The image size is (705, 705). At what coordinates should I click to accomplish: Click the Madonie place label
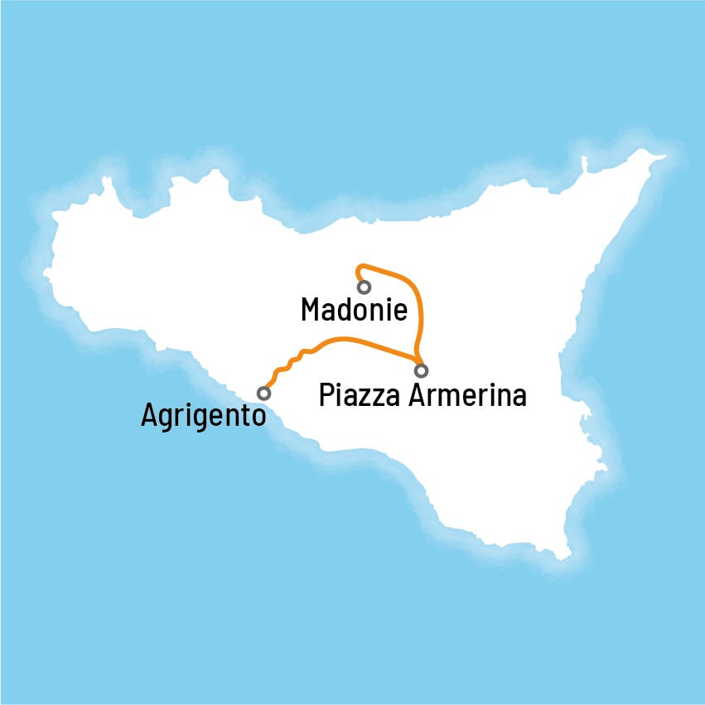(354, 311)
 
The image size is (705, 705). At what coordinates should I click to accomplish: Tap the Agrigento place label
(203, 414)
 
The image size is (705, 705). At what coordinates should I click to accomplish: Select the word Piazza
(360, 395)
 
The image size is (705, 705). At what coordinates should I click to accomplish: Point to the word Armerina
(468, 394)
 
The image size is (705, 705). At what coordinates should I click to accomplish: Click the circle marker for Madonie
(364, 287)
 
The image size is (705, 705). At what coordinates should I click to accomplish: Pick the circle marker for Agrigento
(263, 393)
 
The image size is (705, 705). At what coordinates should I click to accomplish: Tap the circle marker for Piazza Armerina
(422, 370)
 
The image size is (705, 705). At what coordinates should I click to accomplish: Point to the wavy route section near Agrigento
(290, 362)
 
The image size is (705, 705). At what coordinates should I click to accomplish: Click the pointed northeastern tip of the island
(664, 156)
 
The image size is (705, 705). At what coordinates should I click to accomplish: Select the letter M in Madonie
(312, 311)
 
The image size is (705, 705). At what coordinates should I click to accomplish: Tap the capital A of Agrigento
(150, 414)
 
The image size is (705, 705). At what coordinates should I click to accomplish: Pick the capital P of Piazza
(327, 395)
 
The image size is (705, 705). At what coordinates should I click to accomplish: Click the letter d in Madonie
(346, 311)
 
